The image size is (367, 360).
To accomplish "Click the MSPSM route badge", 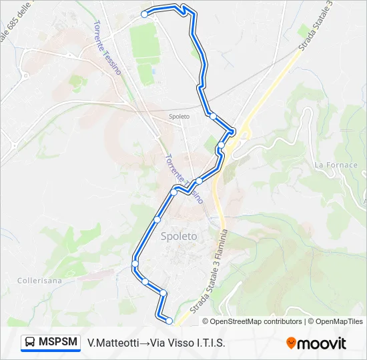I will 51,343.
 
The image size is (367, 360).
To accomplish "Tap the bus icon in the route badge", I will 31,343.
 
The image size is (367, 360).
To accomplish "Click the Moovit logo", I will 316,343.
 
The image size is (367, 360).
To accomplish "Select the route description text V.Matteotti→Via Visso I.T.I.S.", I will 156,343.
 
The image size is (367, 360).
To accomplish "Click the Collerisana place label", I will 39,281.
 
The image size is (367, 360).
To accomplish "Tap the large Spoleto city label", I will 179,236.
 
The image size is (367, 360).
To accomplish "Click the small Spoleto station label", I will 179,117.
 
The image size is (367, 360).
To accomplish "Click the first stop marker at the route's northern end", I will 144,14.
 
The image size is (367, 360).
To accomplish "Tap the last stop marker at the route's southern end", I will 169,321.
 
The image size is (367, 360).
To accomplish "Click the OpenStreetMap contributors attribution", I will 252,321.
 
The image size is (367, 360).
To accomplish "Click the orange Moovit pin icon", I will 292,343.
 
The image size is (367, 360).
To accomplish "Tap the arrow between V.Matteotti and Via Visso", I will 144,343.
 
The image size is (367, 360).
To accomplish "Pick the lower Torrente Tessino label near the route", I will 182,177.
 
